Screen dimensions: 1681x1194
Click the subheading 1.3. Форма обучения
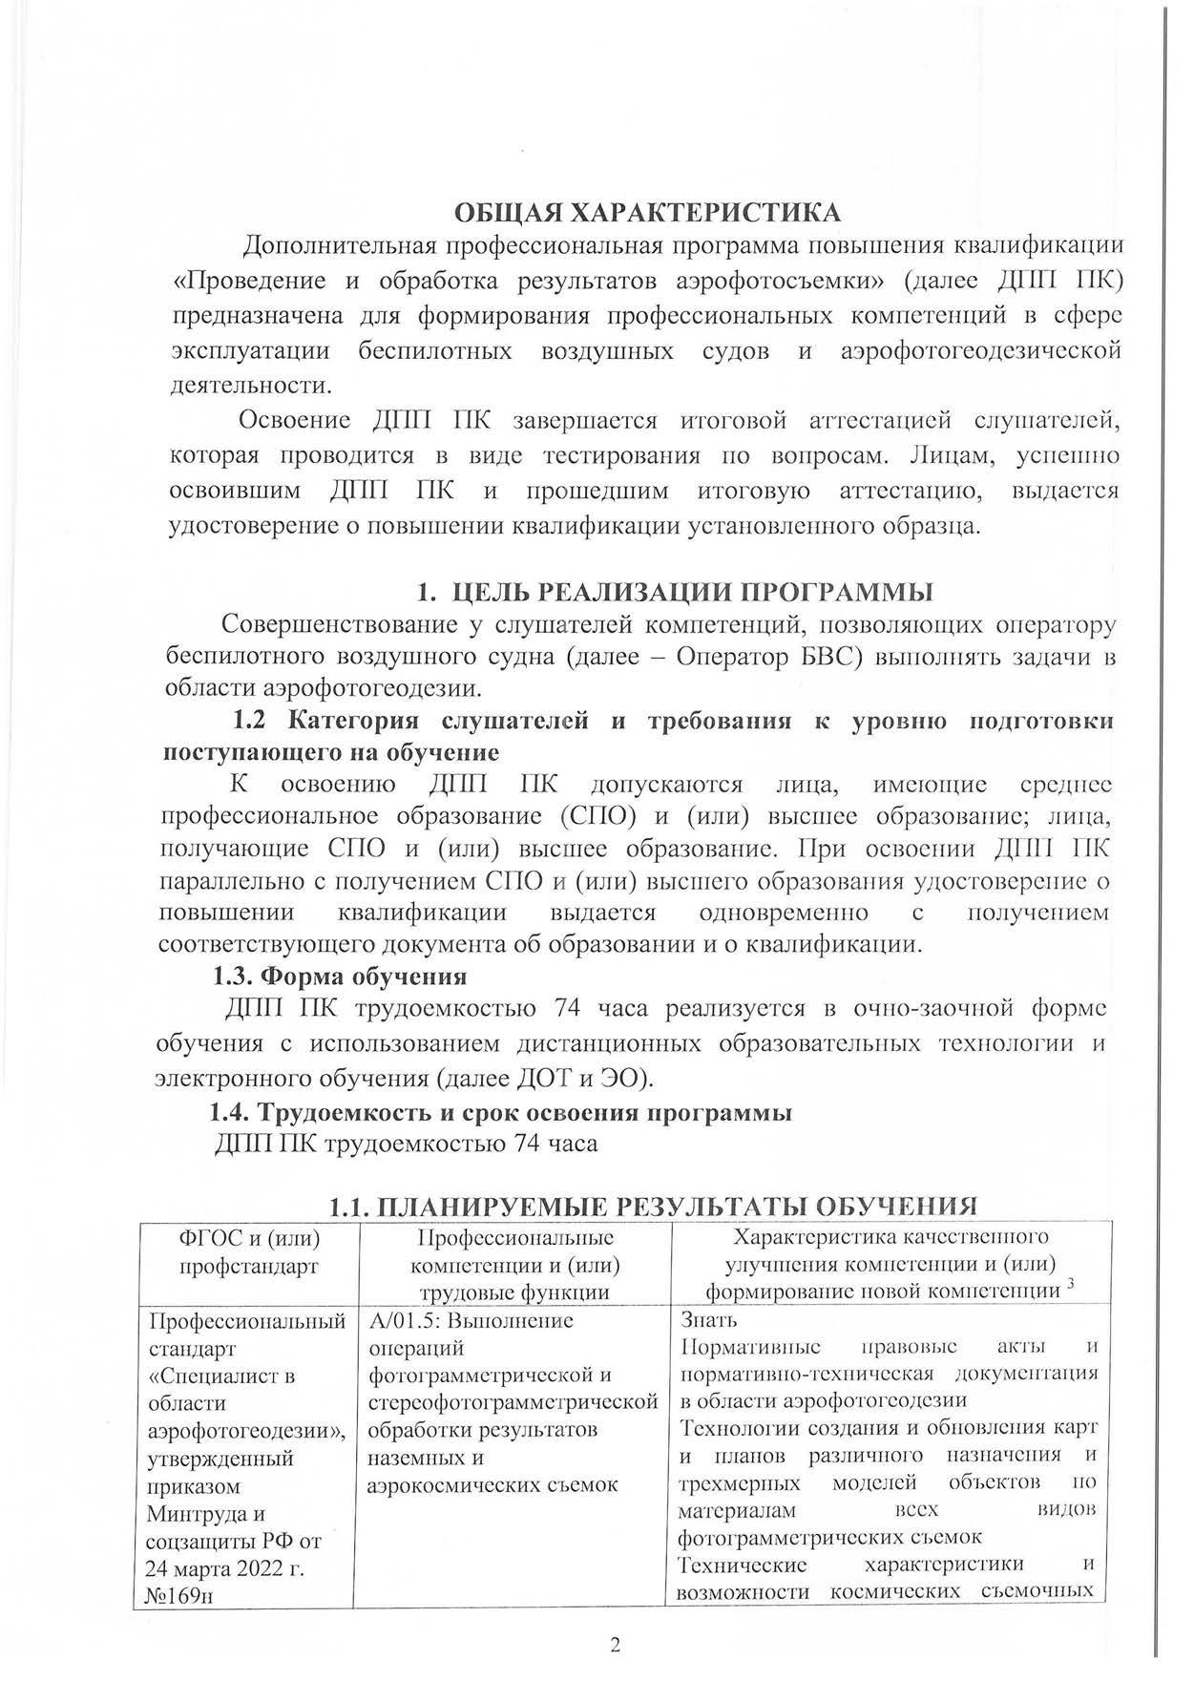tap(338, 977)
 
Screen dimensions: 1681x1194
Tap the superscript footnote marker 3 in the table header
tap(1071, 1286)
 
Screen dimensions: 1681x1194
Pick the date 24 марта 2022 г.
tap(224, 1567)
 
